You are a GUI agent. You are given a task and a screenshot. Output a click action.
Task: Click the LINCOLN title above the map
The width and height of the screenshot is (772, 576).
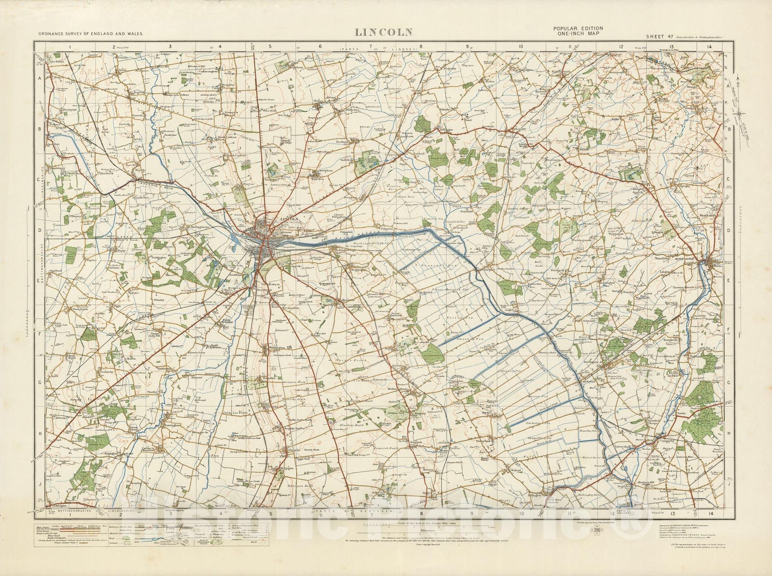(x=384, y=32)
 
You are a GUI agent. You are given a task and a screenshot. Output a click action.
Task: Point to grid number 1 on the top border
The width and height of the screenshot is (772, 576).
(x=70, y=47)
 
